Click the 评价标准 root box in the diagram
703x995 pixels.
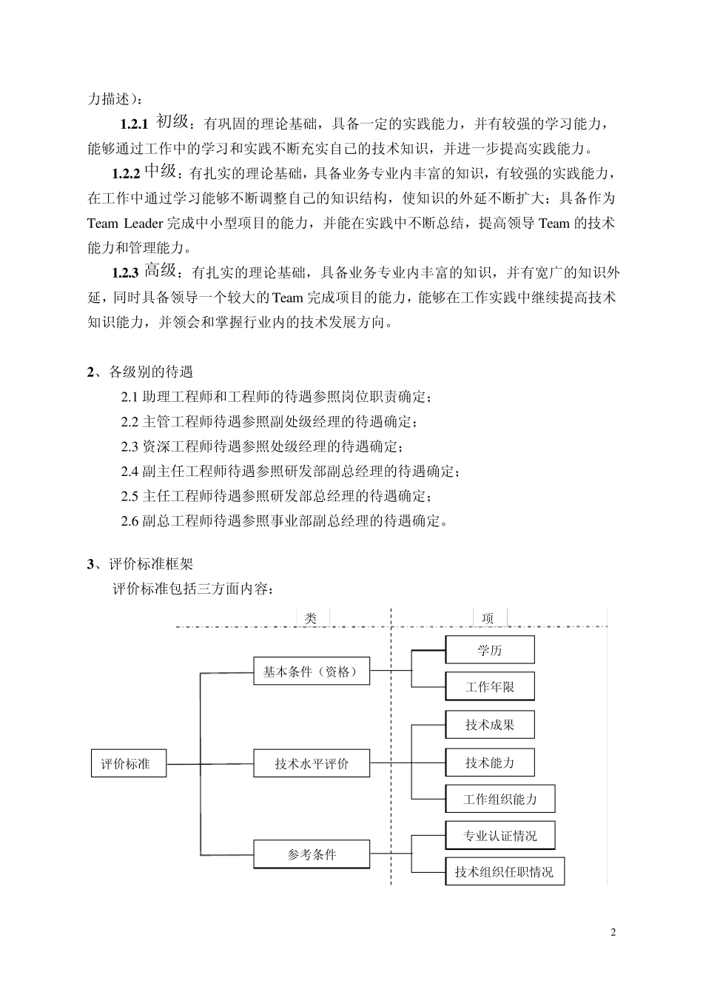point(125,764)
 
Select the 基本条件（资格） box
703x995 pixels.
point(311,671)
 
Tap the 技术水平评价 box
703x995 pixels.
point(311,764)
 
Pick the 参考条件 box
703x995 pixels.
point(311,854)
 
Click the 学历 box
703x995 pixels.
point(489,650)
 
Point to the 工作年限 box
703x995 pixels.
point(489,687)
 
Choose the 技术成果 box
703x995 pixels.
point(489,725)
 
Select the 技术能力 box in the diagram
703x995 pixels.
point(489,763)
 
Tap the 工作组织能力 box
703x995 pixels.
point(499,800)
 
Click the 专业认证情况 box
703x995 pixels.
point(499,836)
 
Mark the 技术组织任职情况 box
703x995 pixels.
point(504,872)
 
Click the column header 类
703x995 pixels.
point(312,618)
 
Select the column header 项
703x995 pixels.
point(488,618)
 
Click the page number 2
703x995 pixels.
point(613,932)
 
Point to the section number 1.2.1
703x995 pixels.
point(135,123)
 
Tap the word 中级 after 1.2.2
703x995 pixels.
point(160,172)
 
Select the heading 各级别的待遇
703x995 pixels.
point(150,372)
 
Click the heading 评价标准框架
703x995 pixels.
point(150,564)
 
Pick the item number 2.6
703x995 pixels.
point(129,521)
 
